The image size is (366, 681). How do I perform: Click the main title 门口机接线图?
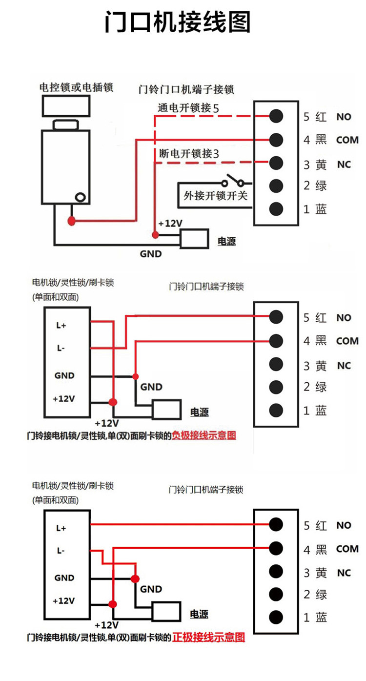point(178,22)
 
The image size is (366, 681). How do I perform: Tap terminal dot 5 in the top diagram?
point(276,116)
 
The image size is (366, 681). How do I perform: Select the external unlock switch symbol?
point(233,183)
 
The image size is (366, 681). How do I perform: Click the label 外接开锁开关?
point(215,196)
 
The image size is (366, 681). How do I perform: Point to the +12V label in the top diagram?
point(170,223)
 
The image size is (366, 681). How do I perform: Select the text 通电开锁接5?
point(188,108)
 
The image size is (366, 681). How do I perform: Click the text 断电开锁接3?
point(189,153)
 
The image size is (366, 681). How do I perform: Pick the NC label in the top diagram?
point(344,165)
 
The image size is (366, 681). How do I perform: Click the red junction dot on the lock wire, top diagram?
point(72,221)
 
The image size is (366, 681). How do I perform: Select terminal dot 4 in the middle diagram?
point(276,340)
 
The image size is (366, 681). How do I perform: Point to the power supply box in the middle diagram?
point(167,410)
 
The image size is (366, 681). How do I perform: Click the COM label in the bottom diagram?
point(347,549)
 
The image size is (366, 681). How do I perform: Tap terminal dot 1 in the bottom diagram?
point(276,617)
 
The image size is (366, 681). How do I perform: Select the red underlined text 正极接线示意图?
point(208,637)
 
